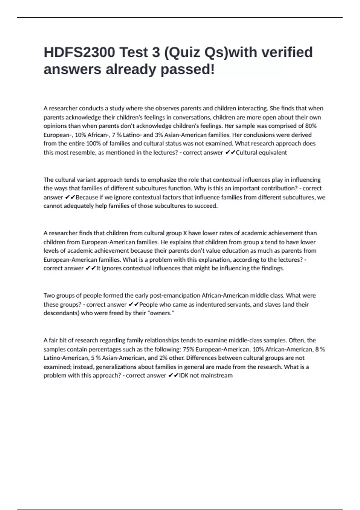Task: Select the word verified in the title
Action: point(287,52)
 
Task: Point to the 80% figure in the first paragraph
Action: point(311,126)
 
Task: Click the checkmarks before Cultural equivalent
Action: point(230,152)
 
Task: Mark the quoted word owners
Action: point(160,313)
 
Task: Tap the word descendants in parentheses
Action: point(61,313)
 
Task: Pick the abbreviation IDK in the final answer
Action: point(184,376)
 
